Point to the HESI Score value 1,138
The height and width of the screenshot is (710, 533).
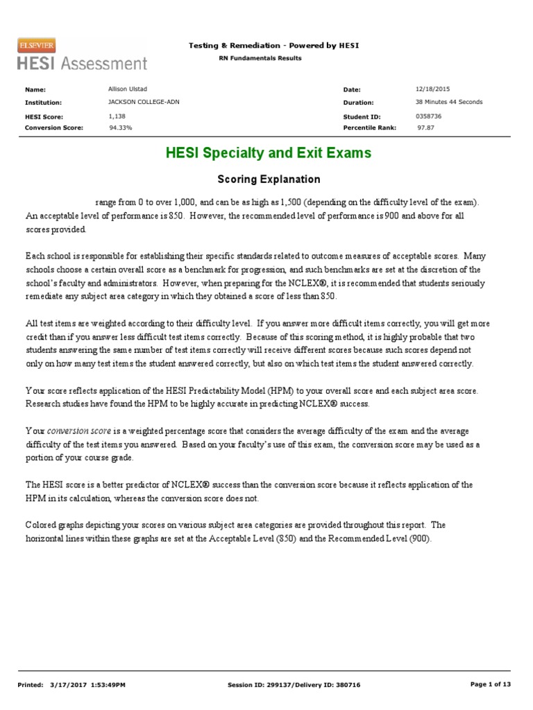point(118,116)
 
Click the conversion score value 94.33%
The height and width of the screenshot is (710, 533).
point(121,128)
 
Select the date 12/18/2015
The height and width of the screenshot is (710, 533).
point(433,89)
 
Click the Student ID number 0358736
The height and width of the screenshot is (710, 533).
point(428,116)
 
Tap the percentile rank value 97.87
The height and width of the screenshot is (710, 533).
point(425,128)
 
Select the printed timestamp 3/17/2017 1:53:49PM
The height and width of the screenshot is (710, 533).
point(88,685)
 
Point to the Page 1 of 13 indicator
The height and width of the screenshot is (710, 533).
point(490,684)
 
